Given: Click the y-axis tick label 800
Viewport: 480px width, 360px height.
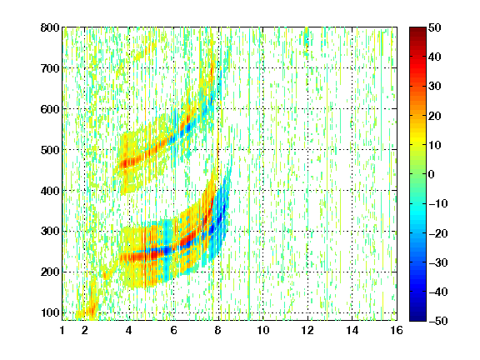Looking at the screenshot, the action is [50, 27].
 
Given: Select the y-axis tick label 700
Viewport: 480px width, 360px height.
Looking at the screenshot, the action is [50, 68].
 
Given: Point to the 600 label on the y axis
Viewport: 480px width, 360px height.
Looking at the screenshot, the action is [50, 109].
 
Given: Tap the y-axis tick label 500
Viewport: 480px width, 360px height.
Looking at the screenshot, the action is [50, 150].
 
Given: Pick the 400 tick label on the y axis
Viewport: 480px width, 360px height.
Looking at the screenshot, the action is [50, 191].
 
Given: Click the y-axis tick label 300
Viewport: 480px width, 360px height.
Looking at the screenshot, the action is [50, 232].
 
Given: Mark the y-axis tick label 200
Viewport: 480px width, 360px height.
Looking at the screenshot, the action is [50, 272].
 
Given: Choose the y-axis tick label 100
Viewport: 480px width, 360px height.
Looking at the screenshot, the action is [50, 312].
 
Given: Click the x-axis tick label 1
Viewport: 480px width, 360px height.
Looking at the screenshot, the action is [62, 330].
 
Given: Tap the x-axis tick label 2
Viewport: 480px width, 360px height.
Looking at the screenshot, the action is [85, 330].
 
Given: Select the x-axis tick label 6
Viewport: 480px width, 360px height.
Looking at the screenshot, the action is [174, 330].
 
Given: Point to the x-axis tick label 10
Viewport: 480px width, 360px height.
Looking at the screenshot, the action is [263, 330].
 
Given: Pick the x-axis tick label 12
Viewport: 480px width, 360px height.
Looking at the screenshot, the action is [307, 330].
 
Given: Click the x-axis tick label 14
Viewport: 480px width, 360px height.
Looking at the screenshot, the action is [352, 330].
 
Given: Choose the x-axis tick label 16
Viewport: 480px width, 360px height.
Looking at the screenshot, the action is [397, 330].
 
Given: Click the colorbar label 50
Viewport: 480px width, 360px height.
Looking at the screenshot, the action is [435, 27].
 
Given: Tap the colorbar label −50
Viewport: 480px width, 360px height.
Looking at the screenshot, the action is [438, 321].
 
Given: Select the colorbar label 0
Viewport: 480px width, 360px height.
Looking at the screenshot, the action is [432, 174].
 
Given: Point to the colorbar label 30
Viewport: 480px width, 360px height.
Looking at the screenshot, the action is [435, 87].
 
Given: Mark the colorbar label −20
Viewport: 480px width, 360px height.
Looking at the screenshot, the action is [438, 233].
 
